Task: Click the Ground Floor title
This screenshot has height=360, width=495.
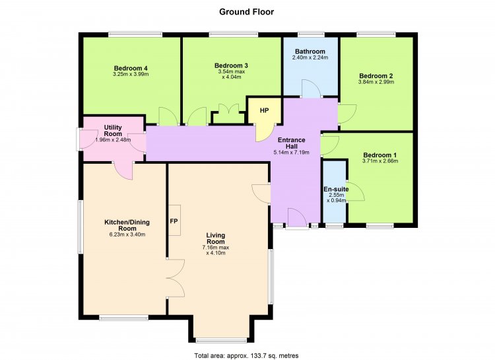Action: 247,12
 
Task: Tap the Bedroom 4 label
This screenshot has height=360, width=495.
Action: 131,68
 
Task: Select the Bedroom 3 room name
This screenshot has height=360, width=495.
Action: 231,65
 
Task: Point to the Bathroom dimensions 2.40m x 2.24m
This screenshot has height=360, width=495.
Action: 310,57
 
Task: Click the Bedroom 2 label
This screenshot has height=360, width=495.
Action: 376,76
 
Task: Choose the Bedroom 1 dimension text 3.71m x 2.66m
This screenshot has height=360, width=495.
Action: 380,161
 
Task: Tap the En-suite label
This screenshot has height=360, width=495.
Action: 336,189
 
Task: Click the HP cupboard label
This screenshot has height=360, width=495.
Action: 264,110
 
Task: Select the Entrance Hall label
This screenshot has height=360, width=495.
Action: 291,143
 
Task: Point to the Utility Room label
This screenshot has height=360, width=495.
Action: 113,131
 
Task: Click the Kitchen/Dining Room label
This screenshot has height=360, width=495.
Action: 127,225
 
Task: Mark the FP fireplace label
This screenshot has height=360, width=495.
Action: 174,221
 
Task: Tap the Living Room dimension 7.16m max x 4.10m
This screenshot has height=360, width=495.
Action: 216,250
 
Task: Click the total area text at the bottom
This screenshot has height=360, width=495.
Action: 247,355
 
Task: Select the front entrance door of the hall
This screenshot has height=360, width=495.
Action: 297,217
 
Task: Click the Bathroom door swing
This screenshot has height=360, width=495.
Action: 312,89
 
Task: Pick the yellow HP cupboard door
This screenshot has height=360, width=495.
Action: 265,133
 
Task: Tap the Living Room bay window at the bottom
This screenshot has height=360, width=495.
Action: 221,340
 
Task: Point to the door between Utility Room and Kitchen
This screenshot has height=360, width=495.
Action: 123,170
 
